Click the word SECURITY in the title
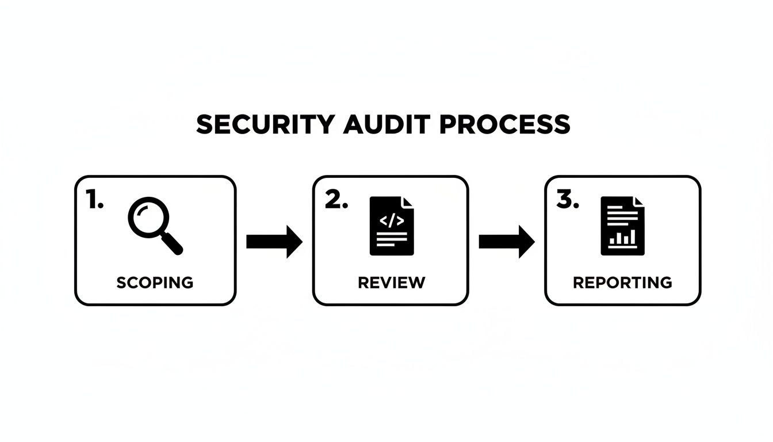point(265,124)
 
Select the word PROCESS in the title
point(505,124)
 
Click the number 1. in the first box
point(94,200)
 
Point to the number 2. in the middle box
point(336,200)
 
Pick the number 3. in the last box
point(568,200)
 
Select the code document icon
point(391,226)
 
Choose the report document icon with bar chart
point(623,226)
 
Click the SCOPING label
point(155,283)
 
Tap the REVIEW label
point(391,283)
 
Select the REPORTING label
point(622,283)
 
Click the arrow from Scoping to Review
point(274,242)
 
